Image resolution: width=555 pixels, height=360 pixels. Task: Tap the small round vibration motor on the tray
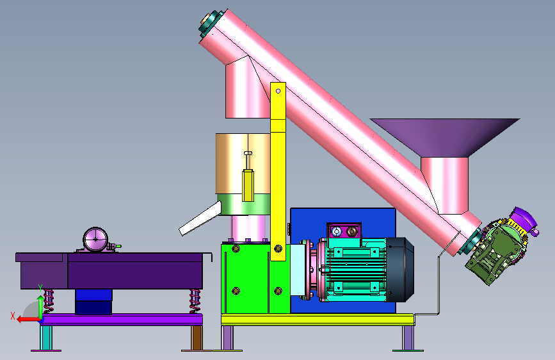tap(95, 240)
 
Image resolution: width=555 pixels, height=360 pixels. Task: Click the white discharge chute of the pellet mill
tap(200, 218)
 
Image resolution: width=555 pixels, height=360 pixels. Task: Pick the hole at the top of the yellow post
tap(278, 91)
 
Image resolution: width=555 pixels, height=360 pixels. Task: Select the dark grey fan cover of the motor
tap(399, 270)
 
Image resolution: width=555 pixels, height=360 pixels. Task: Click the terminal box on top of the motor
tap(344, 231)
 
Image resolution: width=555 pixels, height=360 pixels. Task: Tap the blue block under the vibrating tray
tap(93, 302)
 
